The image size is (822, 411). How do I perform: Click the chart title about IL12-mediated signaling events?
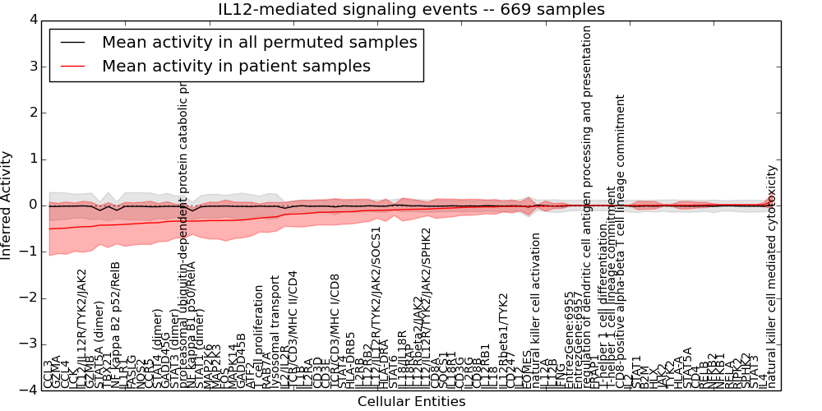pos(411,10)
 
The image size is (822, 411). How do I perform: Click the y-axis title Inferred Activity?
pos(7,205)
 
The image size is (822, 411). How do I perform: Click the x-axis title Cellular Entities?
pos(411,401)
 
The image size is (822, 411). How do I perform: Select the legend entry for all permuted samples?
pos(259,42)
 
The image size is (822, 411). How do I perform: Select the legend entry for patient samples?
pos(236,66)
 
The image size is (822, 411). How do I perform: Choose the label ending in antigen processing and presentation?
pos(587,205)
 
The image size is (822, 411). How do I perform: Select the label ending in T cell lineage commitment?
pos(621,238)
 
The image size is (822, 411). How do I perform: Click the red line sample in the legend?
pos(72,66)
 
